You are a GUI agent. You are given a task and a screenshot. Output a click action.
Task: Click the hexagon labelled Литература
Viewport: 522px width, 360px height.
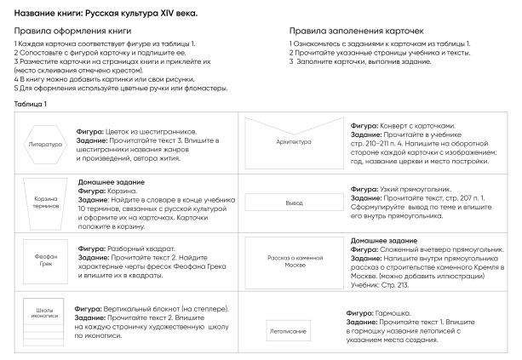coord(45,144)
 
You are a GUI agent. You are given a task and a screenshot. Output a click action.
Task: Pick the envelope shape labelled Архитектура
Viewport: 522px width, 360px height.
coord(291,143)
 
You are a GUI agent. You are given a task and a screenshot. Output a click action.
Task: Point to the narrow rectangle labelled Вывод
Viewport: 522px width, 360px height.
coord(293,203)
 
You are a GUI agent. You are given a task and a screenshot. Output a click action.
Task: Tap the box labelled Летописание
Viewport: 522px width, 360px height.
coord(293,326)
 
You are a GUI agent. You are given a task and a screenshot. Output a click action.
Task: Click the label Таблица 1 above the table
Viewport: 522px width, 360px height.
coord(30,104)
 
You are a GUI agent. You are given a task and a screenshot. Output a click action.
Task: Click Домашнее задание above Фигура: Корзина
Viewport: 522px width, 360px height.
coord(111,182)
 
